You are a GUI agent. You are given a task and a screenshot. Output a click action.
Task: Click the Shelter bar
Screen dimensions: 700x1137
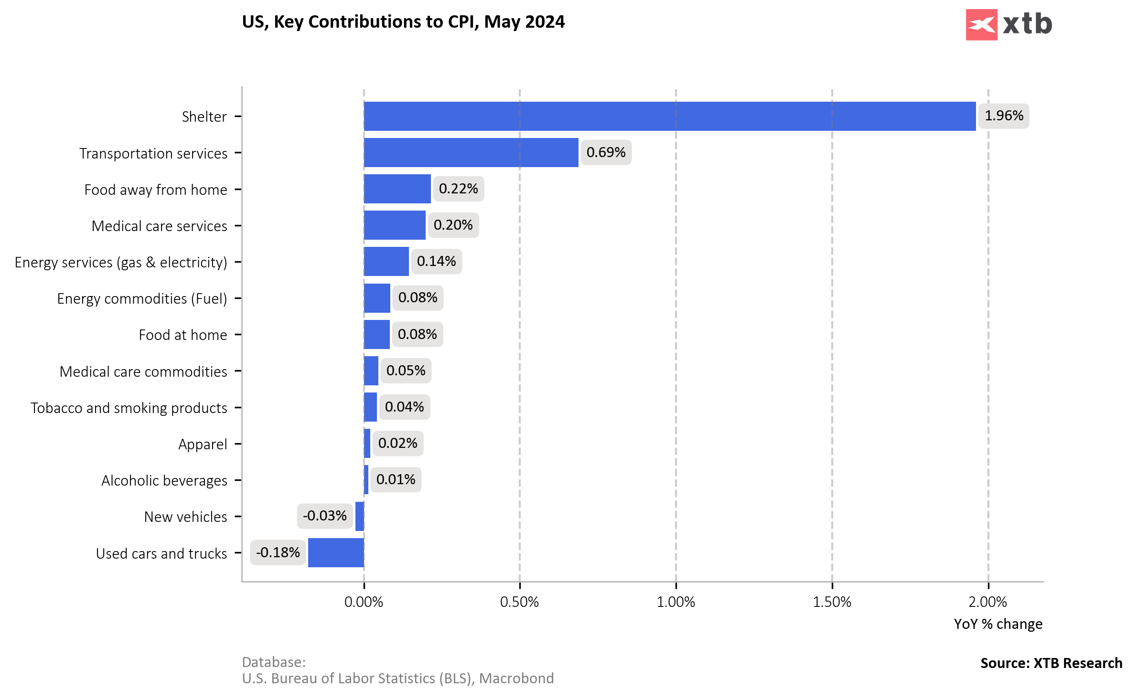(x=669, y=116)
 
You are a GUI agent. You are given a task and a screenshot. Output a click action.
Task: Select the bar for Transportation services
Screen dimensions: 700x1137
(x=471, y=153)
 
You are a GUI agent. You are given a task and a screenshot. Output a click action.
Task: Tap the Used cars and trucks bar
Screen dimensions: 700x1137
(x=336, y=552)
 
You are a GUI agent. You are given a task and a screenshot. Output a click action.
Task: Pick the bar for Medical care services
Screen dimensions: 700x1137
(x=394, y=225)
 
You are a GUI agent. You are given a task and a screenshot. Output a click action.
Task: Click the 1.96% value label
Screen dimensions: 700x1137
(x=1004, y=116)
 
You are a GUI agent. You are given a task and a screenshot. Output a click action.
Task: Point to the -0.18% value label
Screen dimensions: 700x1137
(x=278, y=552)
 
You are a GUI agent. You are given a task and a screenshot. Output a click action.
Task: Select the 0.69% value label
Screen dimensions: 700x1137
(x=606, y=152)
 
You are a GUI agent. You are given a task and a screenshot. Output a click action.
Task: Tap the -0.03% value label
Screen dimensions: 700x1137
(x=325, y=516)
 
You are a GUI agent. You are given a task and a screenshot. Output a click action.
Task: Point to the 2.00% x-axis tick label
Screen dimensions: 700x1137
(x=987, y=602)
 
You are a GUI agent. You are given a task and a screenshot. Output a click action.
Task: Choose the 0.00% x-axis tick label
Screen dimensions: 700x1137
(x=364, y=602)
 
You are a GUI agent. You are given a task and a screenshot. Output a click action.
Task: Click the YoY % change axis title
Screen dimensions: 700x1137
(x=998, y=624)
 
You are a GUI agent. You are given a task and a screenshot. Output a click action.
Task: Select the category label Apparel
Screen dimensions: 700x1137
(x=203, y=444)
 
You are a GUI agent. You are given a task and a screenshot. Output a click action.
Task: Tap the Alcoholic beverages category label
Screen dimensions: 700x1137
(x=164, y=480)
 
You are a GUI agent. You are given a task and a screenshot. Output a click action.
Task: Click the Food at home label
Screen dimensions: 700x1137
(x=183, y=335)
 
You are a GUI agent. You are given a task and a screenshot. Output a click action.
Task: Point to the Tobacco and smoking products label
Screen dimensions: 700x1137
(x=129, y=408)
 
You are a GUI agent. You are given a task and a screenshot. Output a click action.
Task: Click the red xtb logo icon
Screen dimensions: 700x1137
(x=981, y=25)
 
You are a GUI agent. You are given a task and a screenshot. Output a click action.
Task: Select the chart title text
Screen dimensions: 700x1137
(x=403, y=22)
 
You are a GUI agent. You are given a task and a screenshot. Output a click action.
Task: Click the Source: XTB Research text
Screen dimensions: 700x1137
(x=1051, y=663)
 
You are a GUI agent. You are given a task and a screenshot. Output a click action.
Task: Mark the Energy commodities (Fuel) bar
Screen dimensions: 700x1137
(x=376, y=298)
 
